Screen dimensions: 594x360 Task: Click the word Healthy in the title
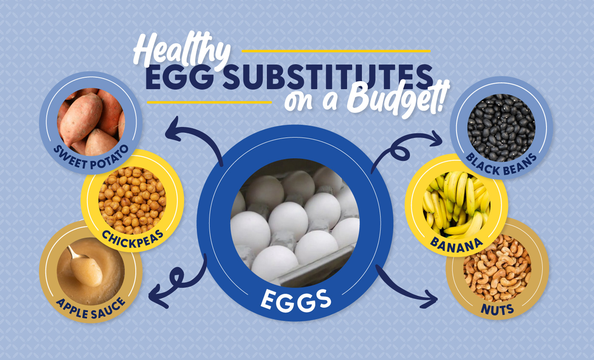[x=182, y=50]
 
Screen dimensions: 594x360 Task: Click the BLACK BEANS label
[x=501, y=165]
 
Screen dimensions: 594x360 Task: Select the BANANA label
[x=456, y=246]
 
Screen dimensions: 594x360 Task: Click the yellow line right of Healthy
[x=336, y=51]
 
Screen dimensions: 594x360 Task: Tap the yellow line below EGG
[x=209, y=102]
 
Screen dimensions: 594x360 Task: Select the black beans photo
[x=501, y=128]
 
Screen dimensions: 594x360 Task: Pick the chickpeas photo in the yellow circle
[x=132, y=201]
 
